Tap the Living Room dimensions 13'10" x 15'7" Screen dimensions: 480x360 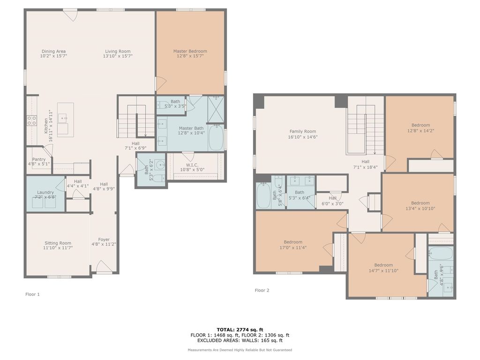point(118,56)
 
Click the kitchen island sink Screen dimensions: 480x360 point(63,117)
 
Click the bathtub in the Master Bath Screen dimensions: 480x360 point(216,137)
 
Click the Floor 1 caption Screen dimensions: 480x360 point(32,294)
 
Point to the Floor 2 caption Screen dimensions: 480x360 point(262,290)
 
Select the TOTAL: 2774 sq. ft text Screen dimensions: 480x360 point(240,330)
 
